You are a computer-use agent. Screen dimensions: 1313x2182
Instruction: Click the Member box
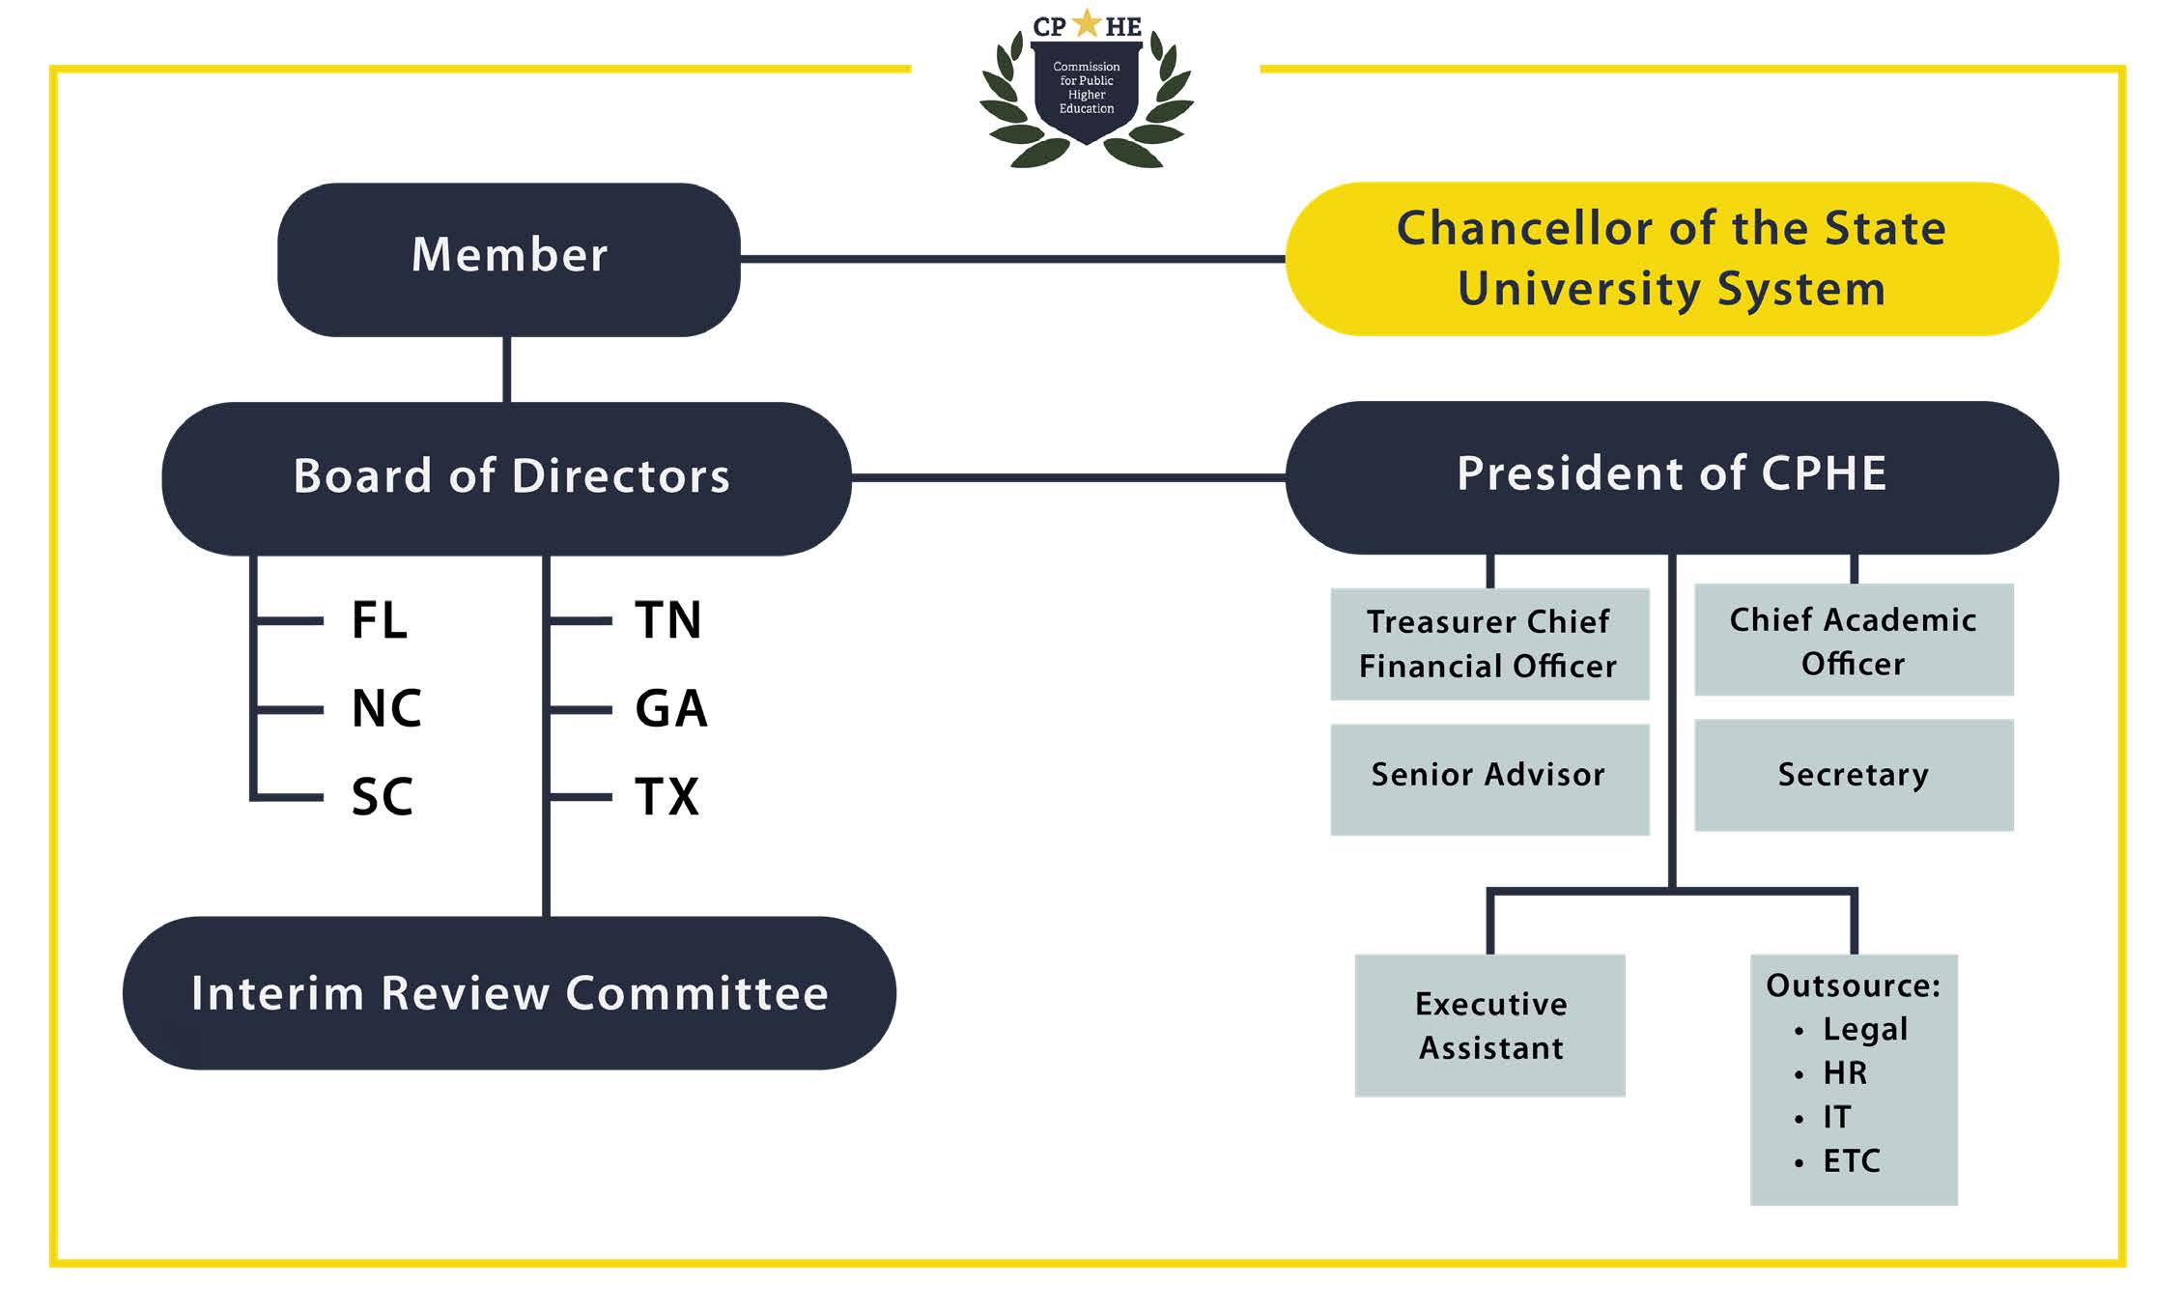tap(509, 259)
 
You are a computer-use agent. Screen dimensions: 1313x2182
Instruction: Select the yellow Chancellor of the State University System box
tap(1671, 259)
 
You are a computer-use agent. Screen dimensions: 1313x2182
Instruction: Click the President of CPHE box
tap(1671, 477)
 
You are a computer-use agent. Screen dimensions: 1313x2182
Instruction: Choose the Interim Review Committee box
tap(509, 993)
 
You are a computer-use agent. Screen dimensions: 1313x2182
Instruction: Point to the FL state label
tap(379, 620)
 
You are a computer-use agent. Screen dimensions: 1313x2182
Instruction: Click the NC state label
tap(386, 709)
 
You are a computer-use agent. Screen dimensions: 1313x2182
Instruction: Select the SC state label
tap(383, 797)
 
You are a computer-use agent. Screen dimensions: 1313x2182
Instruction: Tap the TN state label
tap(667, 620)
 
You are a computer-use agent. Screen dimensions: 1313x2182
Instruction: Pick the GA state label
tap(670, 709)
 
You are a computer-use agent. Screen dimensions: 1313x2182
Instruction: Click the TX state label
tap(666, 797)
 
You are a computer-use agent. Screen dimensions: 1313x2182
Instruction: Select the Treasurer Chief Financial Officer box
tap(1488, 644)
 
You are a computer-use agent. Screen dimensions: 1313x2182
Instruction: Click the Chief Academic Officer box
tap(1853, 641)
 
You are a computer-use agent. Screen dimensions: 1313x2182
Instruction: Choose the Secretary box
tap(1853, 775)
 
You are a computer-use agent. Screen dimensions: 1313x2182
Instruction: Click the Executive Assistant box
tap(1490, 1025)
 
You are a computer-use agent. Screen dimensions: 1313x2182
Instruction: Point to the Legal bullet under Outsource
tap(1864, 1029)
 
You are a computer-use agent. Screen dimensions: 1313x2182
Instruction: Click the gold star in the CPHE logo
tap(1087, 23)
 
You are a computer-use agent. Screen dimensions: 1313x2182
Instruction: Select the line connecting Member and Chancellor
tap(1012, 259)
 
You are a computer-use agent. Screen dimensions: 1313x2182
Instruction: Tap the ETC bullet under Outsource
tap(1851, 1160)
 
